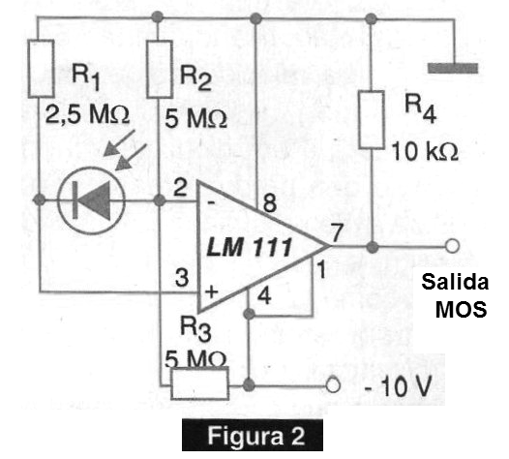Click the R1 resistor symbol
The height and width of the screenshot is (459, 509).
(41, 69)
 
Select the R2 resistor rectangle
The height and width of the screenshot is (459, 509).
(159, 69)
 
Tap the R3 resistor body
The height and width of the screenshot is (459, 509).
(199, 383)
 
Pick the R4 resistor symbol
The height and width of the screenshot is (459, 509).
(372, 120)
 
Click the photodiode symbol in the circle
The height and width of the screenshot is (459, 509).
(91, 200)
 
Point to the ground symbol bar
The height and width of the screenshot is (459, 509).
(453, 68)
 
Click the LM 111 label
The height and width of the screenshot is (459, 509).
(250, 248)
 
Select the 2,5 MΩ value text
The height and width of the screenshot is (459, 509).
(87, 114)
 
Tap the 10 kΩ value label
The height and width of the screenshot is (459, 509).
(425, 151)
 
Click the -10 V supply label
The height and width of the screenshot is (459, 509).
(399, 386)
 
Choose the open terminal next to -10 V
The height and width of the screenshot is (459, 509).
(333, 385)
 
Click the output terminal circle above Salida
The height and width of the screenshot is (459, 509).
(452, 246)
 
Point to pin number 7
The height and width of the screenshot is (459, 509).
(337, 232)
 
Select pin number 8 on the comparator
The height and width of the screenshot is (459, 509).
(269, 203)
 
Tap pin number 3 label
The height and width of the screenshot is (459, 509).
(182, 277)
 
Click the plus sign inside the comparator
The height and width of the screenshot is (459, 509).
(211, 291)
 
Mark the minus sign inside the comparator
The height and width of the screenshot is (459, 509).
(211, 203)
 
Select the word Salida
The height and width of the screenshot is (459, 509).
(455, 282)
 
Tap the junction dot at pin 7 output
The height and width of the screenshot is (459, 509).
(373, 247)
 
